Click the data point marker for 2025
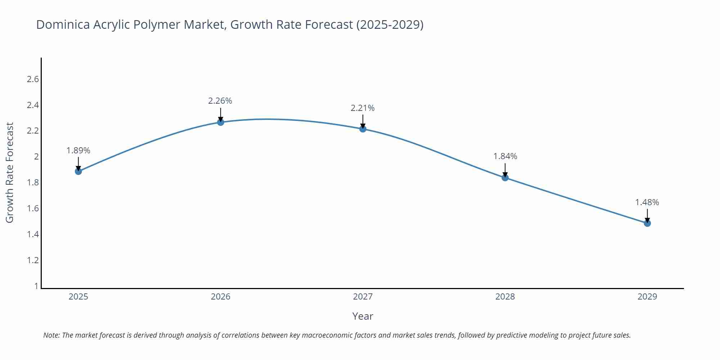(78, 171)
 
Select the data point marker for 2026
(221, 122)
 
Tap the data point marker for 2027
(363, 129)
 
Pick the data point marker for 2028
(505, 177)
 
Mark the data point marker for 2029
(647, 223)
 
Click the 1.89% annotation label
(78, 150)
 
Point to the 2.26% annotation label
(220, 101)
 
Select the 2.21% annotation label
(363, 108)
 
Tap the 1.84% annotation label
(505, 156)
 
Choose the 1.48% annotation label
(647, 202)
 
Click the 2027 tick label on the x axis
(363, 297)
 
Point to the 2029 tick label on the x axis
(647, 297)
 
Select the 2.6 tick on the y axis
(33, 79)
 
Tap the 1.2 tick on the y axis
(33, 260)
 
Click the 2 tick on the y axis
(36, 157)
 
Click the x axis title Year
(363, 316)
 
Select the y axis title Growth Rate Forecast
(10, 172)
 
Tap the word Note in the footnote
(51, 335)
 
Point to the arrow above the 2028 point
(505, 169)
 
